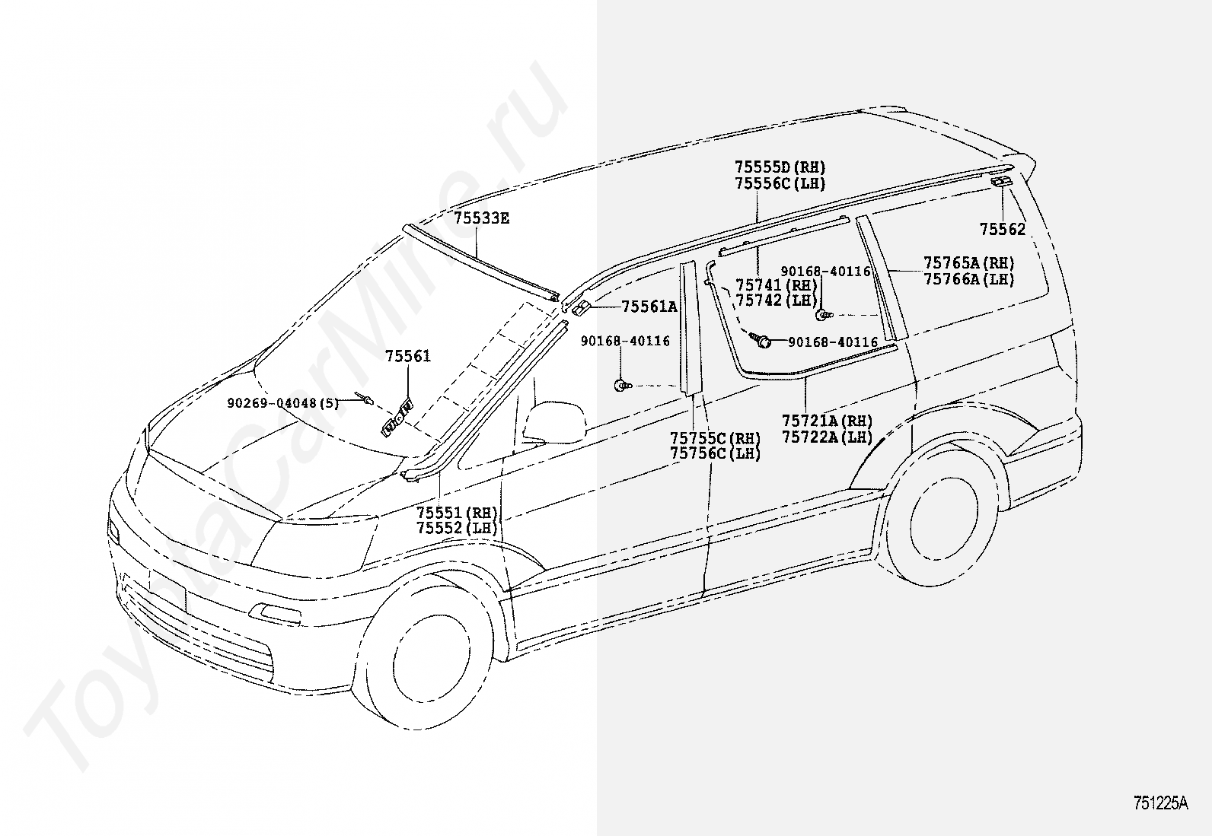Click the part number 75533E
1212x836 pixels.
[x=481, y=218]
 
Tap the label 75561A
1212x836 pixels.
[x=649, y=307]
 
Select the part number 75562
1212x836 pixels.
[x=1002, y=229]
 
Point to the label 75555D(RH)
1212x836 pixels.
[x=780, y=167]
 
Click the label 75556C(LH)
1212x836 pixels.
[x=780, y=183]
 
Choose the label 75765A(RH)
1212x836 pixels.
[x=969, y=263]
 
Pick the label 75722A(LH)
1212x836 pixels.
[x=827, y=437]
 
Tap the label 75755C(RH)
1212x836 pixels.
[x=715, y=438]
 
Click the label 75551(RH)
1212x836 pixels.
[x=457, y=512]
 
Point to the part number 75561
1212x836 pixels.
[x=407, y=356]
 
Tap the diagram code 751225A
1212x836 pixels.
[x=1159, y=803]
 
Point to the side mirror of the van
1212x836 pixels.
[x=553, y=422]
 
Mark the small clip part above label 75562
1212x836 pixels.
[x=1002, y=181]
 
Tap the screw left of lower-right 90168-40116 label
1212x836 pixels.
[x=761, y=342]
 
